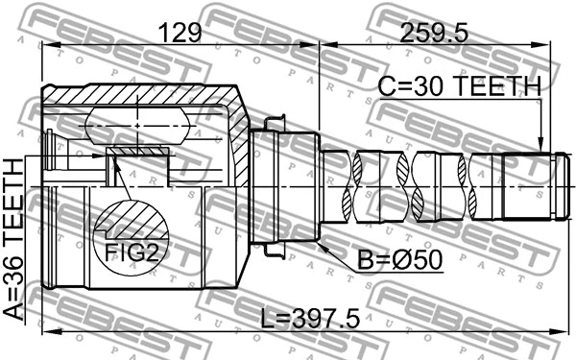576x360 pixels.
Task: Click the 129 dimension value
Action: tap(180, 34)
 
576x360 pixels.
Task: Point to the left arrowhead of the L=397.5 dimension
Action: tap(48, 331)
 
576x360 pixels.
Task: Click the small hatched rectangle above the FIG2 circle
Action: tap(138, 152)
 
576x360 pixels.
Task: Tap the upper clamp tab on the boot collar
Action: tap(272, 123)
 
